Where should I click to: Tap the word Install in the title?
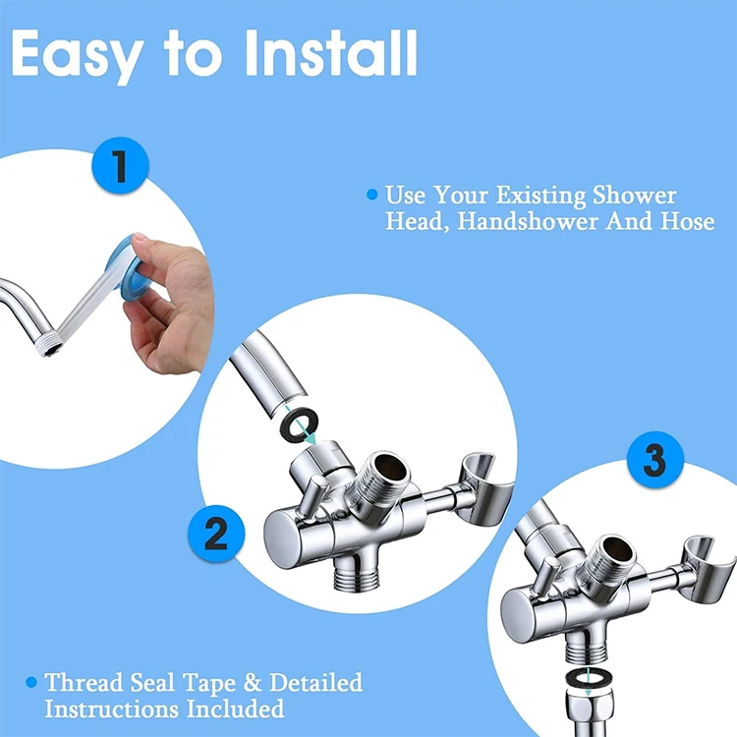click(x=330, y=53)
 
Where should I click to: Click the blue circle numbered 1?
click(x=120, y=165)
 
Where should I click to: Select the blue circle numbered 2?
click(x=216, y=534)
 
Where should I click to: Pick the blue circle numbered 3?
click(x=654, y=460)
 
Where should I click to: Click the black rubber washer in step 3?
click(x=587, y=680)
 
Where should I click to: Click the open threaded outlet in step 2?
click(x=383, y=480)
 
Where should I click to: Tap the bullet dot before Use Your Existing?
click(x=371, y=195)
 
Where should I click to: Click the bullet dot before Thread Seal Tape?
click(x=31, y=682)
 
